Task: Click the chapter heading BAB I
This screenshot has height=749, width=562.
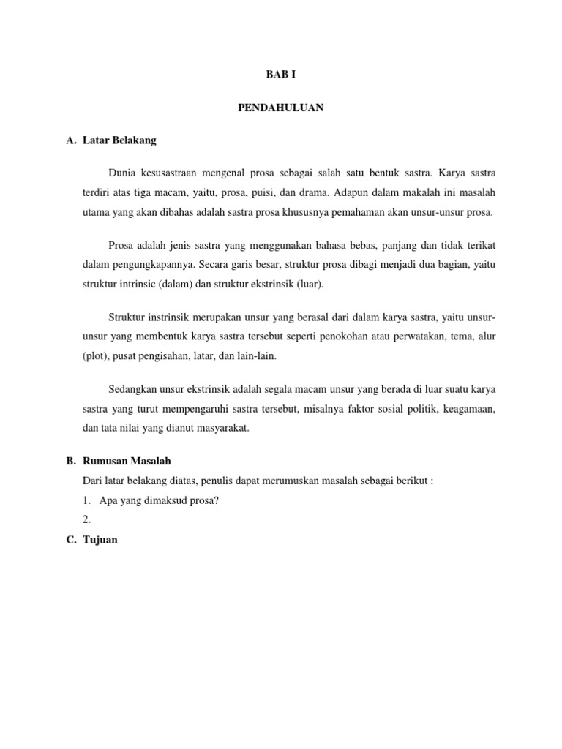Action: (x=281, y=75)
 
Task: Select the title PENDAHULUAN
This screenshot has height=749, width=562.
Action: (x=281, y=108)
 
